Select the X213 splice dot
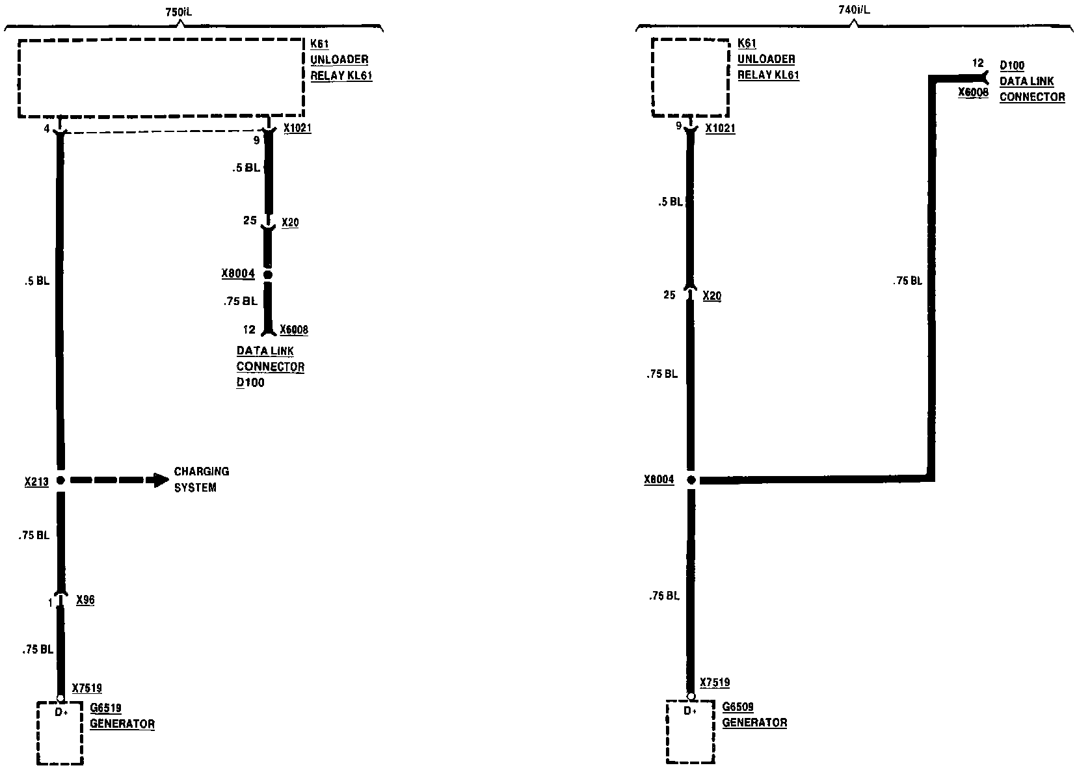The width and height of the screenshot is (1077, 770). [x=60, y=481]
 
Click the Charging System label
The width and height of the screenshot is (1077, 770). [x=201, y=479]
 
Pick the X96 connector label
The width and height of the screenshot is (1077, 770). [x=85, y=600]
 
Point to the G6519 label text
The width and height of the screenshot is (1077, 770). [x=105, y=708]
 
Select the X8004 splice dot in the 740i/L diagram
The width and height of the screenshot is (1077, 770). [x=691, y=481]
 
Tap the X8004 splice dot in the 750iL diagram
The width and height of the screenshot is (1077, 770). [x=267, y=275]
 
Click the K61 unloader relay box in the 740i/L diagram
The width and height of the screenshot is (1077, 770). [x=691, y=77]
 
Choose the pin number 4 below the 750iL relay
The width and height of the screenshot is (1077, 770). [x=47, y=129]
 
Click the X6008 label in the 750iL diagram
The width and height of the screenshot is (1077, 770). [x=294, y=330]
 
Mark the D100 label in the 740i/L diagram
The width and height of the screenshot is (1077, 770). [x=1011, y=66]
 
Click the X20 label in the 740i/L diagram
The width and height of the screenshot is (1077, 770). [x=712, y=296]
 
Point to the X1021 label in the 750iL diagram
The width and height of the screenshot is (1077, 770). [x=297, y=129]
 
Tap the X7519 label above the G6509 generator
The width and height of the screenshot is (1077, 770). [x=715, y=683]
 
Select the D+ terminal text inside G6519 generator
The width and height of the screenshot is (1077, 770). [x=60, y=713]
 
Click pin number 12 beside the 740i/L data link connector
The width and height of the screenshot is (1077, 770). [x=977, y=64]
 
